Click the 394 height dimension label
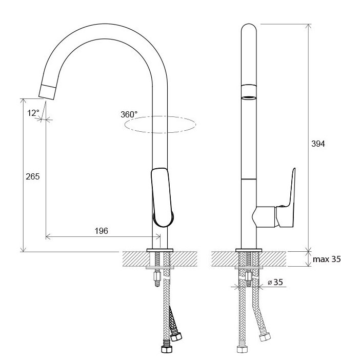tap(318, 144)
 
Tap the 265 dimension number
tap(33, 176)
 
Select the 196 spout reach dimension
tap(101, 231)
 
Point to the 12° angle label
tap(33, 113)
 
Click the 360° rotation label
tap(129, 114)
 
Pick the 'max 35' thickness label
tap(327, 259)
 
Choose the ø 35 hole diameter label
tap(275, 282)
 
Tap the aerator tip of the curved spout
tap(48, 92)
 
